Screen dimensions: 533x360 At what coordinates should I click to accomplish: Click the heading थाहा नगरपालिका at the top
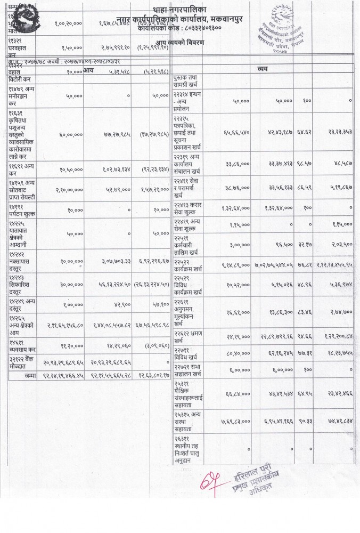click(x=179, y=9)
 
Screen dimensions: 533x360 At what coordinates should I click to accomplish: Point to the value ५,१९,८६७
click(x=339, y=188)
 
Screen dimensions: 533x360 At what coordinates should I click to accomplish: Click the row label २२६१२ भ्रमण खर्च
click(x=194, y=336)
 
